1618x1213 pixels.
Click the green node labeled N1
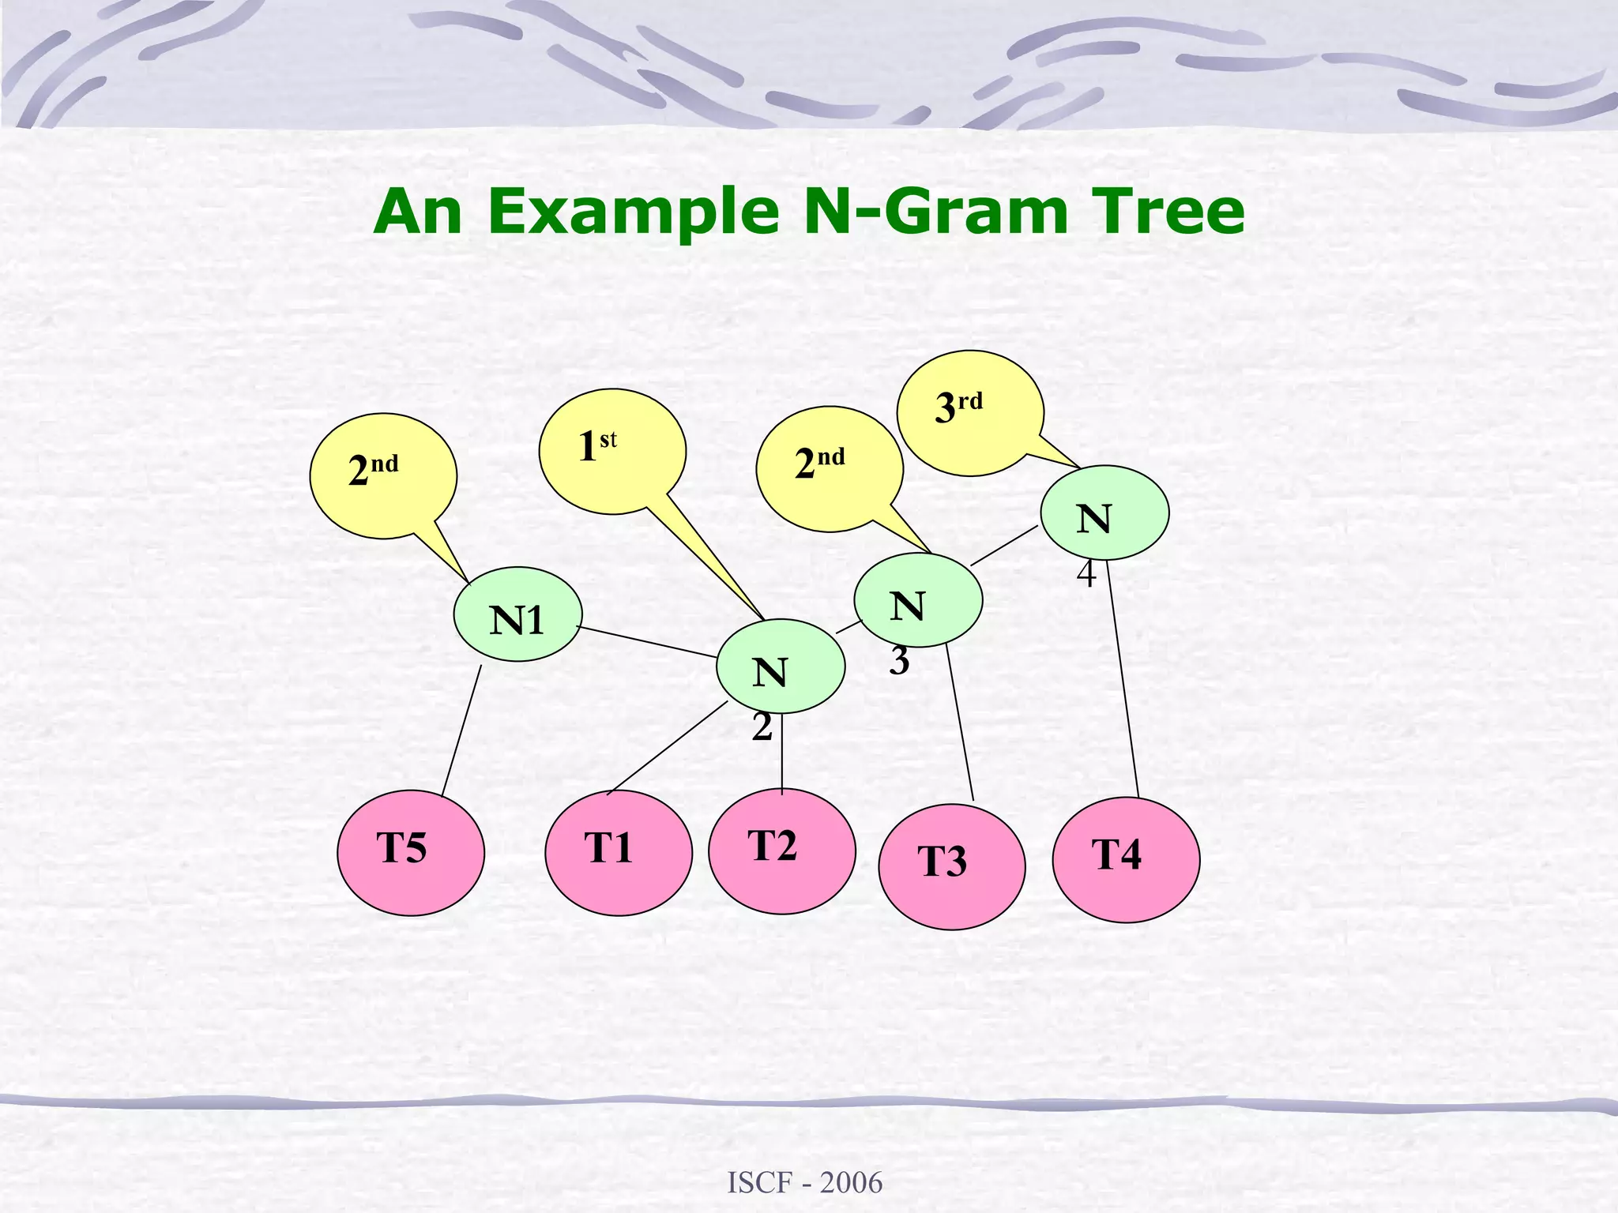517,614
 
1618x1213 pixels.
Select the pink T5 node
411,853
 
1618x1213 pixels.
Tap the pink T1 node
619,853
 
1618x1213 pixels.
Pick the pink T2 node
781,851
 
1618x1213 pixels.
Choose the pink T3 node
951,866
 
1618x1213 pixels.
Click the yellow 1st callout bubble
612,451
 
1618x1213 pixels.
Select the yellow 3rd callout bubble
970,413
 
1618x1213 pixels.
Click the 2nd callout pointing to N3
829,468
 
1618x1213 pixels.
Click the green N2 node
781,667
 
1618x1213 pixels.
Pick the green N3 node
918,600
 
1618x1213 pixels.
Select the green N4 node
1104,513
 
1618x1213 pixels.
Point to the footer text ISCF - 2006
804,1182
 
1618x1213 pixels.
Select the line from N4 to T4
1123,679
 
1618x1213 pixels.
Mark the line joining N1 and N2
648,641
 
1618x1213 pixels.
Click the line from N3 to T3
960,723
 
